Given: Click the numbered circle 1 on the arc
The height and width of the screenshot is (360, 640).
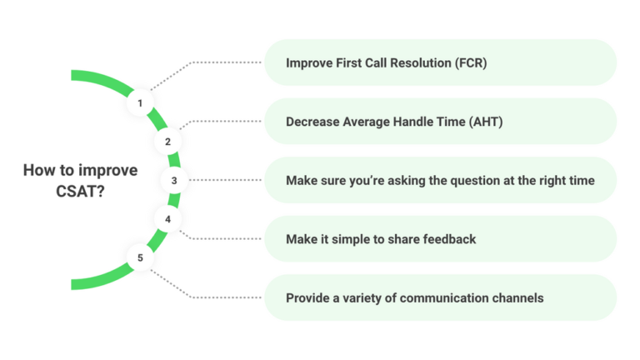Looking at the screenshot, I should pyautogui.click(x=140, y=103).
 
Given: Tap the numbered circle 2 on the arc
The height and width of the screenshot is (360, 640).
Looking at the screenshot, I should pyautogui.click(x=167, y=142).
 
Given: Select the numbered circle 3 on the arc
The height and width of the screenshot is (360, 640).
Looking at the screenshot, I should pyautogui.click(x=174, y=180).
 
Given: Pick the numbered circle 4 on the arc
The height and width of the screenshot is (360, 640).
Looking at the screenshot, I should pyautogui.click(x=167, y=219).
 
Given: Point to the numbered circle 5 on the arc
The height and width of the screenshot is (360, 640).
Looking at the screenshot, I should pyautogui.click(x=140, y=257).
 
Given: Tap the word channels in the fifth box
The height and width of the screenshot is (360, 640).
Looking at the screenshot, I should pyautogui.click(x=516, y=298).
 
